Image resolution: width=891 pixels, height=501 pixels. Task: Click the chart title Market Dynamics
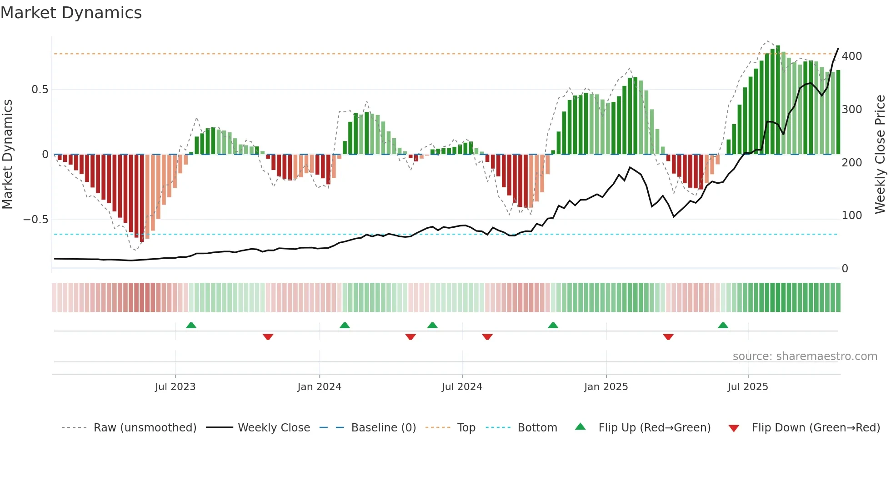tap(71, 13)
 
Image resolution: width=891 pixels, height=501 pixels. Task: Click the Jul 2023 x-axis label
tap(175, 387)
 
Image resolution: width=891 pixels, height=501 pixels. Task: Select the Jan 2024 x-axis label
tap(319, 387)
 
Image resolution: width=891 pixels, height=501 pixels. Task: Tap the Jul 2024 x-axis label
tap(462, 387)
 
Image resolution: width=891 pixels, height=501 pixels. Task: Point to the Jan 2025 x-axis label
tap(606, 387)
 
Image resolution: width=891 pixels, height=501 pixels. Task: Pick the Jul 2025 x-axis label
tap(748, 387)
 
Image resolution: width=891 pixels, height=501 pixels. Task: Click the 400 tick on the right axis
tap(851, 56)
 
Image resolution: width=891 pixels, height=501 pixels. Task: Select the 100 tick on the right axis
tap(851, 215)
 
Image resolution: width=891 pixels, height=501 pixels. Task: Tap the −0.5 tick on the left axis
tap(35, 220)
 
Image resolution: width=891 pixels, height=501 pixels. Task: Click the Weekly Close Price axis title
tap(880, 155)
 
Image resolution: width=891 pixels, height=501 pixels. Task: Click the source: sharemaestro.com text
tap(805, 356)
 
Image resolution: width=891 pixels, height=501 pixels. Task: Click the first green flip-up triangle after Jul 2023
tap(191, 326)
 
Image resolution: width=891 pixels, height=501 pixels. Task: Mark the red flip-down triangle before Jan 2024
tap(268, 337)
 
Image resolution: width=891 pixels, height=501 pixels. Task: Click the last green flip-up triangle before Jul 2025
tap(723, 326)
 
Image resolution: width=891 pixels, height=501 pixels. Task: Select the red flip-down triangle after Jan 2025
tap(668, 337)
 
